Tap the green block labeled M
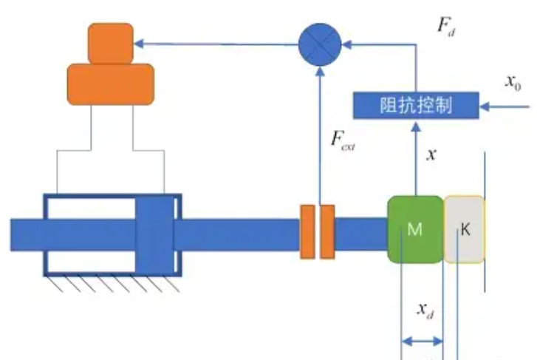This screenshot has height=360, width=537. [415, 229]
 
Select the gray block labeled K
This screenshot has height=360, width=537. [464, 230]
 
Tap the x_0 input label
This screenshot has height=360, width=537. [513, 82]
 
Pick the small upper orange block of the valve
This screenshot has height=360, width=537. [111, 43]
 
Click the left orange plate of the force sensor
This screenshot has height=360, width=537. [307, 231]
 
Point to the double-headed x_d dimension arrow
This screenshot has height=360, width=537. [422, 342]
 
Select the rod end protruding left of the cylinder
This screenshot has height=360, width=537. [26, 234]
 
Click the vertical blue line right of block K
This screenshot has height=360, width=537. [485, 222]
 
